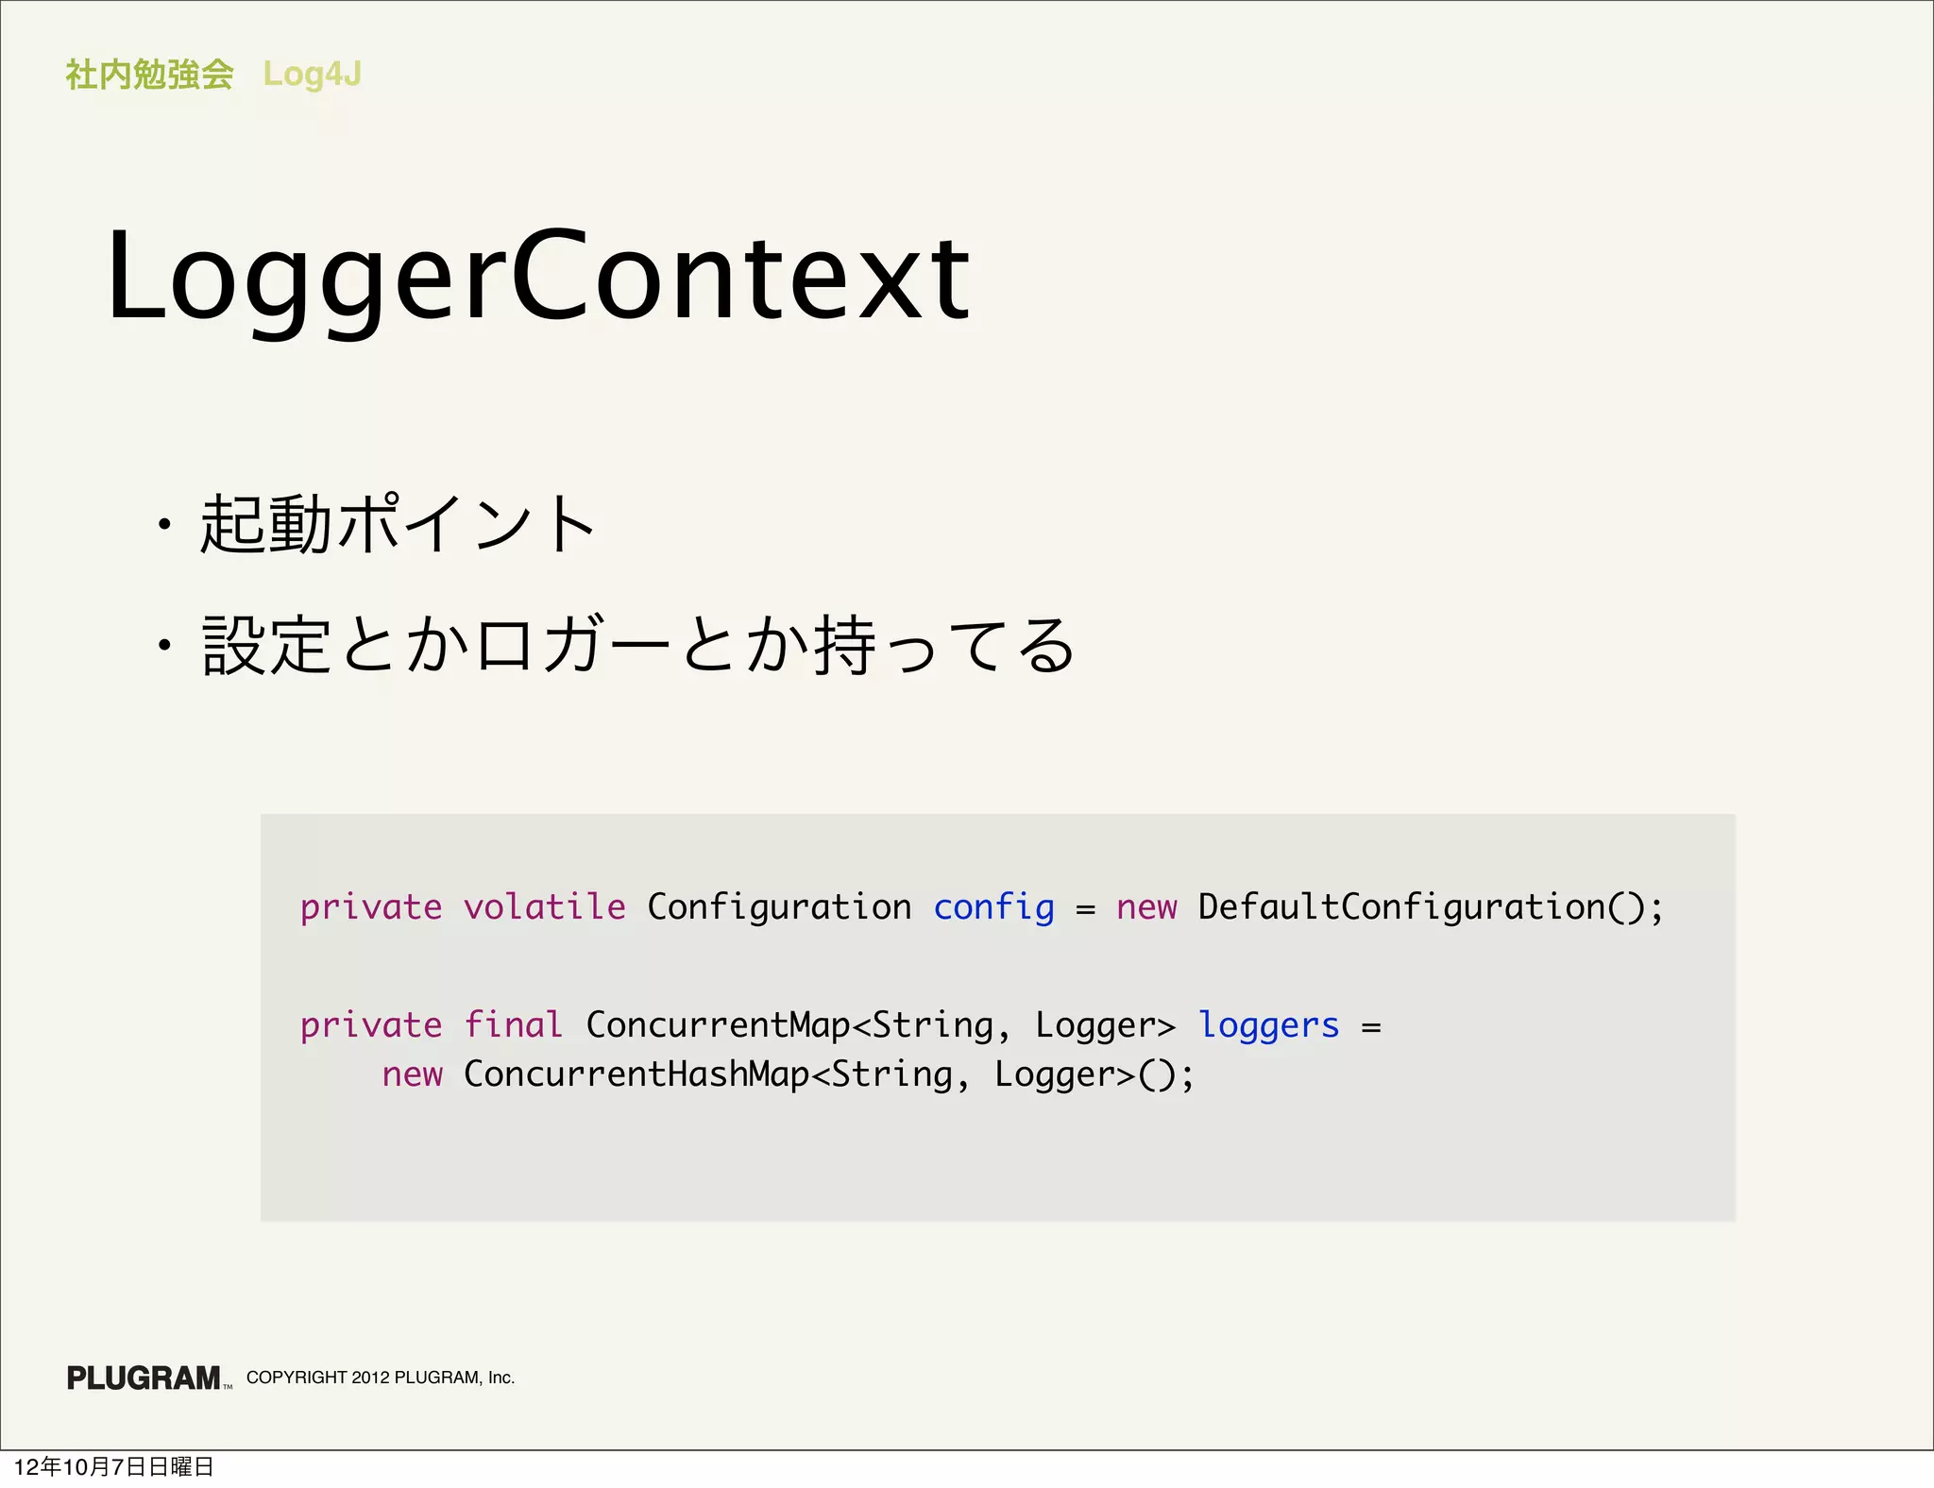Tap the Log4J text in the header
[312, 74]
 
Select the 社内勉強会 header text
[149, 74]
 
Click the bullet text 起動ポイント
[398, 524]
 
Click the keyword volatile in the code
[544, 907]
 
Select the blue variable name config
[993, 907]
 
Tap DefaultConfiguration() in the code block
[1430, 907]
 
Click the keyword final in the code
[513, 1025]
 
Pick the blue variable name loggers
[1268, 1025]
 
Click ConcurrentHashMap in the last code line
[636, 1074]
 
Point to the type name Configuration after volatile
[779, 907]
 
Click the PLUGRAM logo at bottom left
[144, 1378]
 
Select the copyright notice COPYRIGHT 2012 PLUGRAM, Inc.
[381, 1378]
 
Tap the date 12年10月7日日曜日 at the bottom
[113, 1466]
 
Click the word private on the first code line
[371, 907]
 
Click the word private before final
[371, 1025]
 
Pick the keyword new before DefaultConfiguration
[1146, 907]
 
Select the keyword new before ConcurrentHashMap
[412, 1074]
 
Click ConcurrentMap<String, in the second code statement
[789, 1025]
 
